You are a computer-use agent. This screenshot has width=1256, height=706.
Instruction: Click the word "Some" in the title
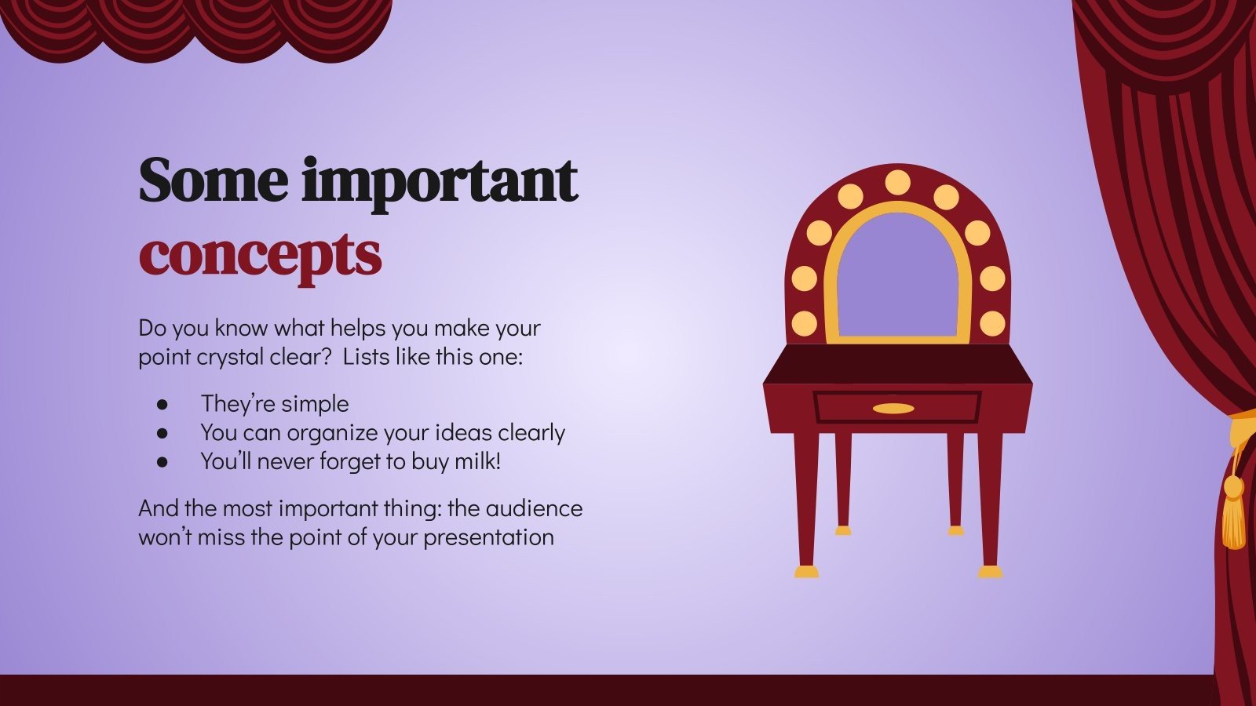(213, 181)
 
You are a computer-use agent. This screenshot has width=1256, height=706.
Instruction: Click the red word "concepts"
(260, 254)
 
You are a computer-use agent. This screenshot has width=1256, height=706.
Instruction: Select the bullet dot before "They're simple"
(162, 405)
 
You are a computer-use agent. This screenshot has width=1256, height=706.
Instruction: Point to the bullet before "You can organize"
(162, 433)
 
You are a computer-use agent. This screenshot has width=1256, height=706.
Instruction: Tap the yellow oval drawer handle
(893, 409)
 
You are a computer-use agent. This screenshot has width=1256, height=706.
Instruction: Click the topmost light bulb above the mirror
(897, 183)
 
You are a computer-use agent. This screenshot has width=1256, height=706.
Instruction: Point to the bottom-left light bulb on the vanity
(804, 322)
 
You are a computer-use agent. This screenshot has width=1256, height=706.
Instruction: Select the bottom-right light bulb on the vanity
(992, 322)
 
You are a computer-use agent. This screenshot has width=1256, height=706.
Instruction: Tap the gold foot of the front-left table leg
(806, 572)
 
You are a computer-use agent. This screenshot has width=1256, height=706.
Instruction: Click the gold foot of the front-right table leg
(990, 572)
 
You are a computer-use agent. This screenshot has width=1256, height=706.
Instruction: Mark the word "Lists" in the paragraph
(370, 357)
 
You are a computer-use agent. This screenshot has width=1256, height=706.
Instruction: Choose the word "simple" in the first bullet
(315, 404)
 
